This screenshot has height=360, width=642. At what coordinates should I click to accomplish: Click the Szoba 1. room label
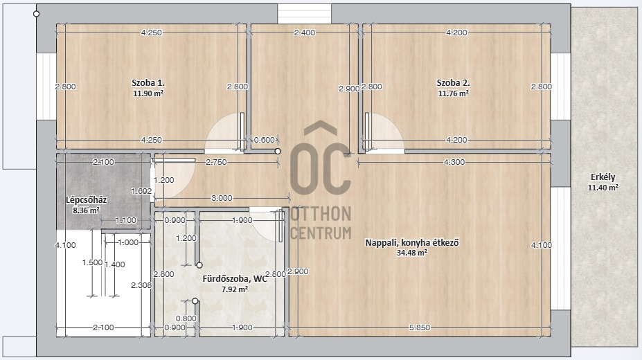pyautogui.click(x=148, y=82)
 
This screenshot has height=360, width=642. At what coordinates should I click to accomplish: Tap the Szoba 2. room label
pyautogui.click(x=453, y=82)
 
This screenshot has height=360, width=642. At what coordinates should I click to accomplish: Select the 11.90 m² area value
pyautogui.click(x=148, y=93)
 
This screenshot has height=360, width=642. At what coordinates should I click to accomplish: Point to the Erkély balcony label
pyautogui.click(x=603, y=177)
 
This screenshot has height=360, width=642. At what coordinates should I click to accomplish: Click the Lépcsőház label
pyautogui.click(x=87, y=200)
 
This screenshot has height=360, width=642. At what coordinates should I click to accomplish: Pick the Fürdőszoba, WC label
pyautogui.click(x=235, y=279)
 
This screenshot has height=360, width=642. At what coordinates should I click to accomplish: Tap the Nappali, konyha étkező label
pyautogui.click(x=412, y=242)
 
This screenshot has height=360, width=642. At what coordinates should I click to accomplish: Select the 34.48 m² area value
pyautogui.click(x=412, y=253)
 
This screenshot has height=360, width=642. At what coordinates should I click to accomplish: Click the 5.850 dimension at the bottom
pyautogui.click(x=420, y=327)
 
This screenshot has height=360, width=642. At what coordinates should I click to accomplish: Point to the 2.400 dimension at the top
pyautogui.click(x=305, y=33)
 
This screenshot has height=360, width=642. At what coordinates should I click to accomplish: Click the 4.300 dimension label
pyautogui.click(x=454, y=163)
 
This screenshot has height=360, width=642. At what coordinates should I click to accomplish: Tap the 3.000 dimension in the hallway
pyautogui.click(x=222, y=198)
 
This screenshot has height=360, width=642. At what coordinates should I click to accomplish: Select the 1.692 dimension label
pyautogui.click(x=141, y=191)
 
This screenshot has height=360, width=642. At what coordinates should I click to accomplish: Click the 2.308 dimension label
pyautogui.click(x=141, y=285)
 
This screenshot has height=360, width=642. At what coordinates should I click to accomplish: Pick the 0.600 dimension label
pyautogui.click(x=264, y=140)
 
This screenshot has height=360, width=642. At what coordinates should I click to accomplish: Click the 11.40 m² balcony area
pyautogui.click(x=603, y=188)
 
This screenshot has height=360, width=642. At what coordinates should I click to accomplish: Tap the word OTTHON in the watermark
pyautogui.click(x=321, y=214)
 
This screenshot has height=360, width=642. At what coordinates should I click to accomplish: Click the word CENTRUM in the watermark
pyautogui.click(x=321, y=233)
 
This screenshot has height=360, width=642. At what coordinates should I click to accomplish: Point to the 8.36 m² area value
pyautogui.click(x=86, y=210)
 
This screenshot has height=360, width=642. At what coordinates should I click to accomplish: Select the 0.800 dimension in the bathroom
pyautogui.click(x=186, y=318)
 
